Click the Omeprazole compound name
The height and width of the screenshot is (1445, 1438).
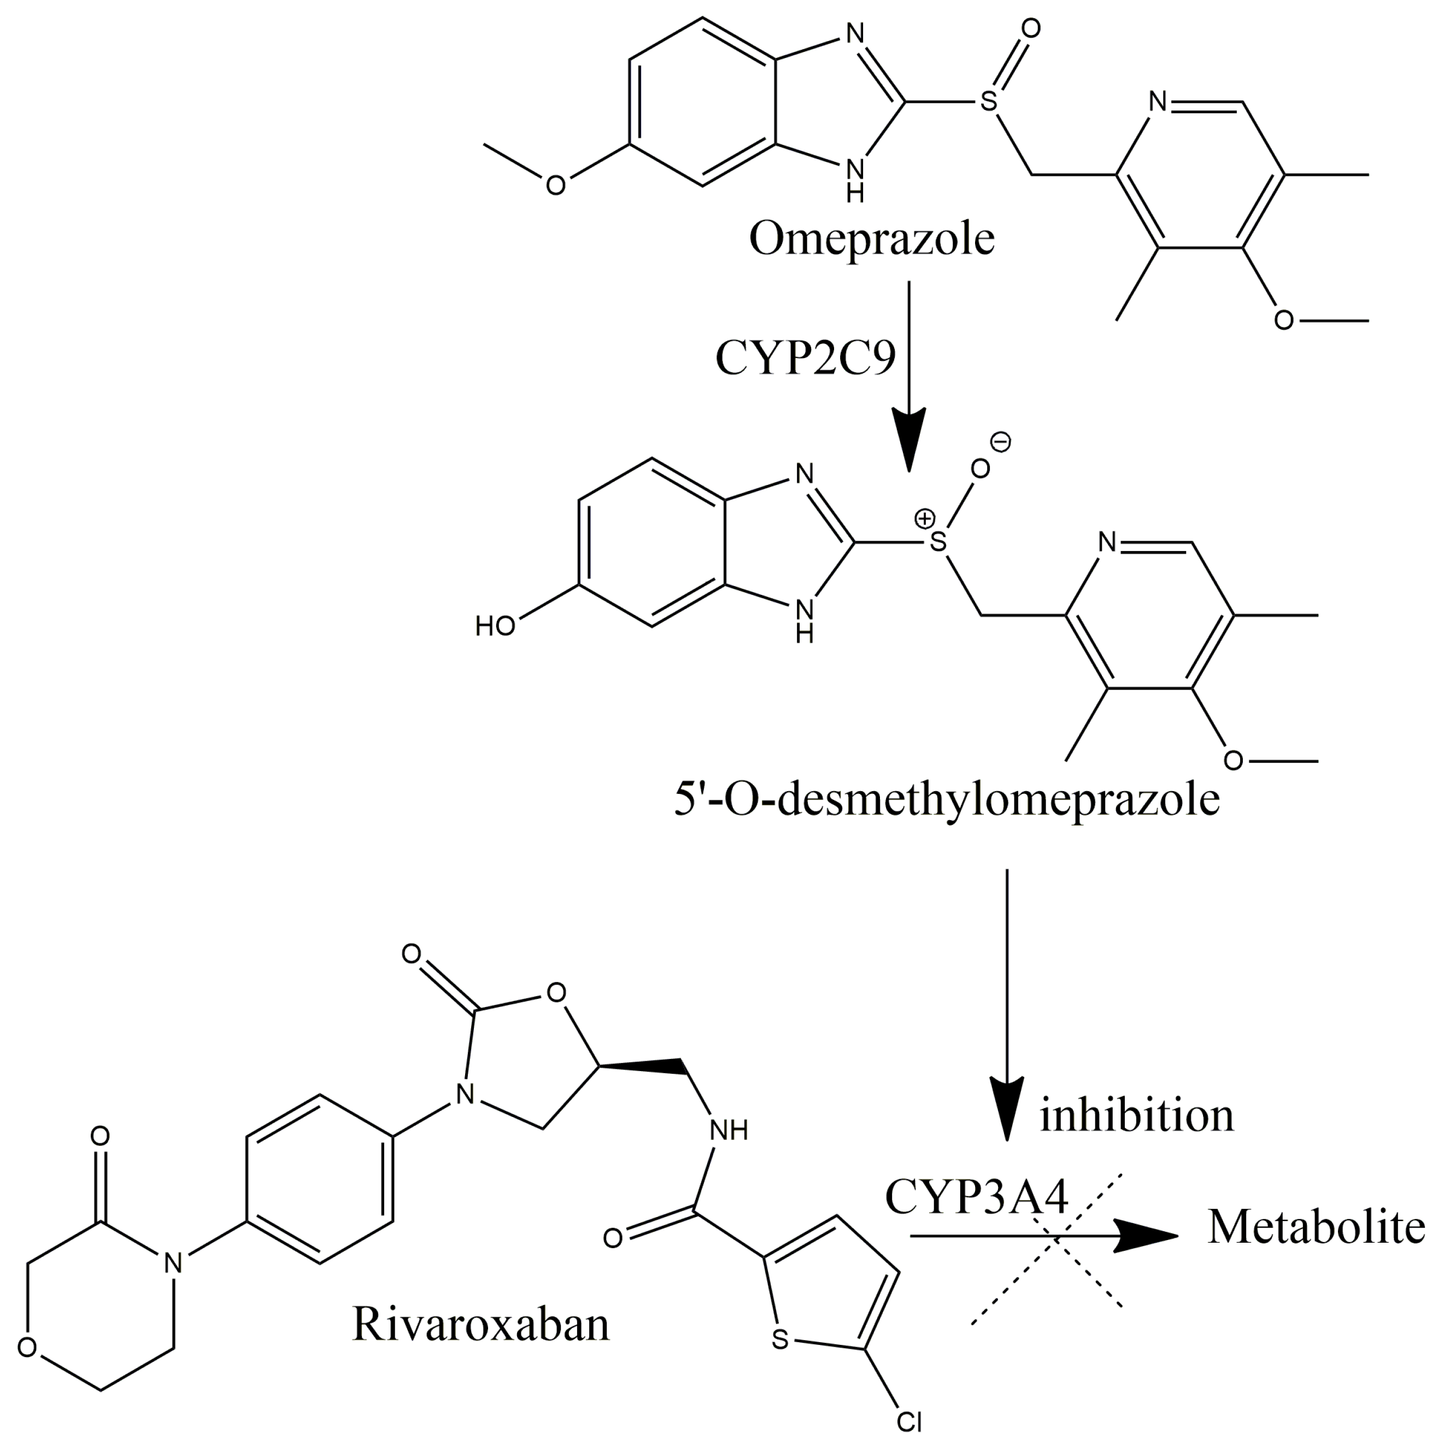(872, 240)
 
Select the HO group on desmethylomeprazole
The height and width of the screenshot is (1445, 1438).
(495, 625)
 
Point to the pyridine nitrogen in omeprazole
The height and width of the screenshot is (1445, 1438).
(1158, 102)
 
